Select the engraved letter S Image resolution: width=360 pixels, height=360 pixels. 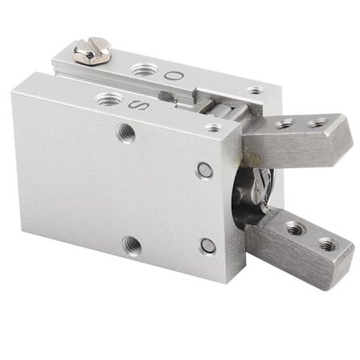[x=141, y=104]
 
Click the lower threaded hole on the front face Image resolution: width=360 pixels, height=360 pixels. [x=129, y=243]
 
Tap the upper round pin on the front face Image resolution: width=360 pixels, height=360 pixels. [x=205, y=170]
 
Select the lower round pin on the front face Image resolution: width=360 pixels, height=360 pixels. [x=207, y=246]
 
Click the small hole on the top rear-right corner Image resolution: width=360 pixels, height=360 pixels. [x=254, y=91]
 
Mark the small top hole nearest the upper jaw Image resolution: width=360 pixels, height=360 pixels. [x=214, y=127]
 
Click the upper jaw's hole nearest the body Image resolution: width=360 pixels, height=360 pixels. [x=284, y=124]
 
